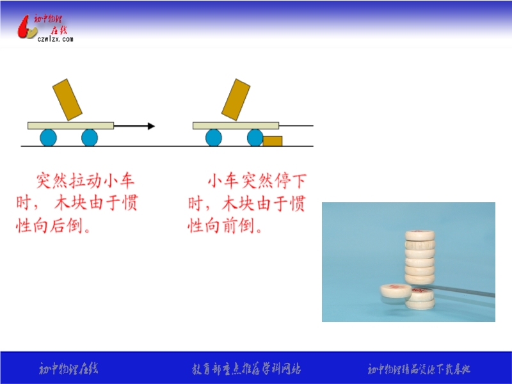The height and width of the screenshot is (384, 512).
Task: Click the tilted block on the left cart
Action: pyautogui.click(x=67, y=100)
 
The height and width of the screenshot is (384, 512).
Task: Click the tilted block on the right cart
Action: pyautogui.click(x=236, y=100)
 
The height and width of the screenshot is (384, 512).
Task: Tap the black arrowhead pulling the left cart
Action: pyautogui.click(x=151, y=126)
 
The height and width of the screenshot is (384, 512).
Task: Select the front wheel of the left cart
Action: pyautogui.click(x=90, y=138)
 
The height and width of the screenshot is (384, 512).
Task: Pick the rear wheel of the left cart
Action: pyautogui.click(x=49, y=138)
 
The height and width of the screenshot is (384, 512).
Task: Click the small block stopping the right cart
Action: pyautogui.click(x=273, y=141)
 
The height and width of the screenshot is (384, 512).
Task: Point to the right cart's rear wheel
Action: pyautogui.click(x=214, y=138)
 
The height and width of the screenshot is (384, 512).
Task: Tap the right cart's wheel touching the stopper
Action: pyautogui.click(x=255, y=138)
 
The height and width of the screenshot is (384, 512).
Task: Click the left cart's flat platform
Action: pyautogui.click(x=70, y=125)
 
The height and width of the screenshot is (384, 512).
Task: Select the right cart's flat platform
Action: pyautogui.click(x=236, y=125)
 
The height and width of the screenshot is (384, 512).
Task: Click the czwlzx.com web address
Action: pyautogui.click(x=55, y=39)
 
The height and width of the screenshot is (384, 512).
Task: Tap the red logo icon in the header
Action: pyautogui.click(x=27, y=28)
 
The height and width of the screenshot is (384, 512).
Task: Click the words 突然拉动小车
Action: pyautogui.click(x=85, y=180)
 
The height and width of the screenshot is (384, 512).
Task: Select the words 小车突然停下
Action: pyautogui.click(x=257, y=180)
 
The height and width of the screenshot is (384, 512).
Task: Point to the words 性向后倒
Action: pyautogui.click(x=49, y=226)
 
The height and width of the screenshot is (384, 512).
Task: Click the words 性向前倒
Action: pyautogui.click(x=220, y=226)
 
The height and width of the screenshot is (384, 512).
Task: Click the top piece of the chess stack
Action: pyautogui.click(x=420, y=235)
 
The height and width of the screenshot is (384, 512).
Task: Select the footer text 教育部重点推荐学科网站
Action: pyautogui.click(x=246, y=369)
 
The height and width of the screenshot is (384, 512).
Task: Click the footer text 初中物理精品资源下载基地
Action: pyautogui.click(x=419, y=369)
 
